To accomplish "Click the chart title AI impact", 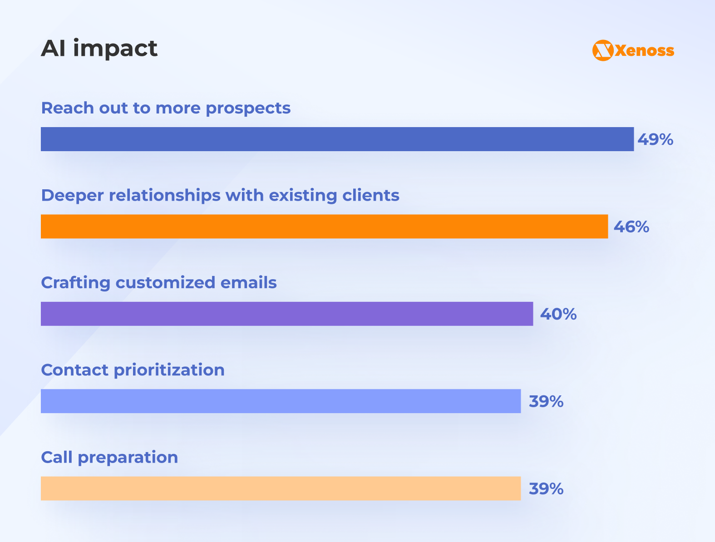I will click(x=99, y=48).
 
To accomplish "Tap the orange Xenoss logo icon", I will click(x=603, y=50).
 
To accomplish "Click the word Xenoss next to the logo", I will click(x=645, y=50).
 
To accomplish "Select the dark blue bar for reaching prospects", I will click(x=337, y=139).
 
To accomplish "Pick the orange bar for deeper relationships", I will click(x=324, y=226).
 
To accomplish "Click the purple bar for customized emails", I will click(x=286, y=314).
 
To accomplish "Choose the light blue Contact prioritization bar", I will click(x=281, y=401).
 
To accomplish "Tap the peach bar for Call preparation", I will click(x=281, y=488).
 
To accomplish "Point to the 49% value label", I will click(x=655, y=139).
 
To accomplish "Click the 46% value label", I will click(x=631, y=227).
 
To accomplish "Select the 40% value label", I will click(x=558, y=314).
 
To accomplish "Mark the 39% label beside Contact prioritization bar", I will click(x=546, y=401).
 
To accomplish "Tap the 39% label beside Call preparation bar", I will click(x=546, y=489).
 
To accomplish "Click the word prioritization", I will click(x=169, y=370).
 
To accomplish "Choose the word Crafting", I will click(x=75, y=282).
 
